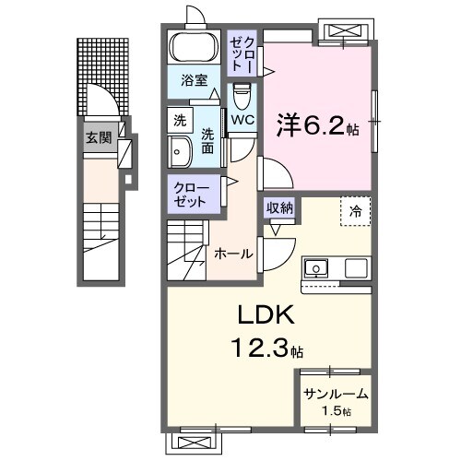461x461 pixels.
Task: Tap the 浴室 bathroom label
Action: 194,80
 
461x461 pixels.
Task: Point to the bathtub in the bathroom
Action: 193,48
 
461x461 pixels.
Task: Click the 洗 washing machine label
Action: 180,120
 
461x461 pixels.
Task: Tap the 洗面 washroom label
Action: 207,139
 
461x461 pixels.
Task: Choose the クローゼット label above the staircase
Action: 192,194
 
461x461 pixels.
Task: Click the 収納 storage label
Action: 280,208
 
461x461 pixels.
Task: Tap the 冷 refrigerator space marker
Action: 355,211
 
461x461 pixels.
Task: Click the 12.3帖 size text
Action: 266,349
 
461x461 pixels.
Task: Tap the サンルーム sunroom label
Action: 336,395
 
